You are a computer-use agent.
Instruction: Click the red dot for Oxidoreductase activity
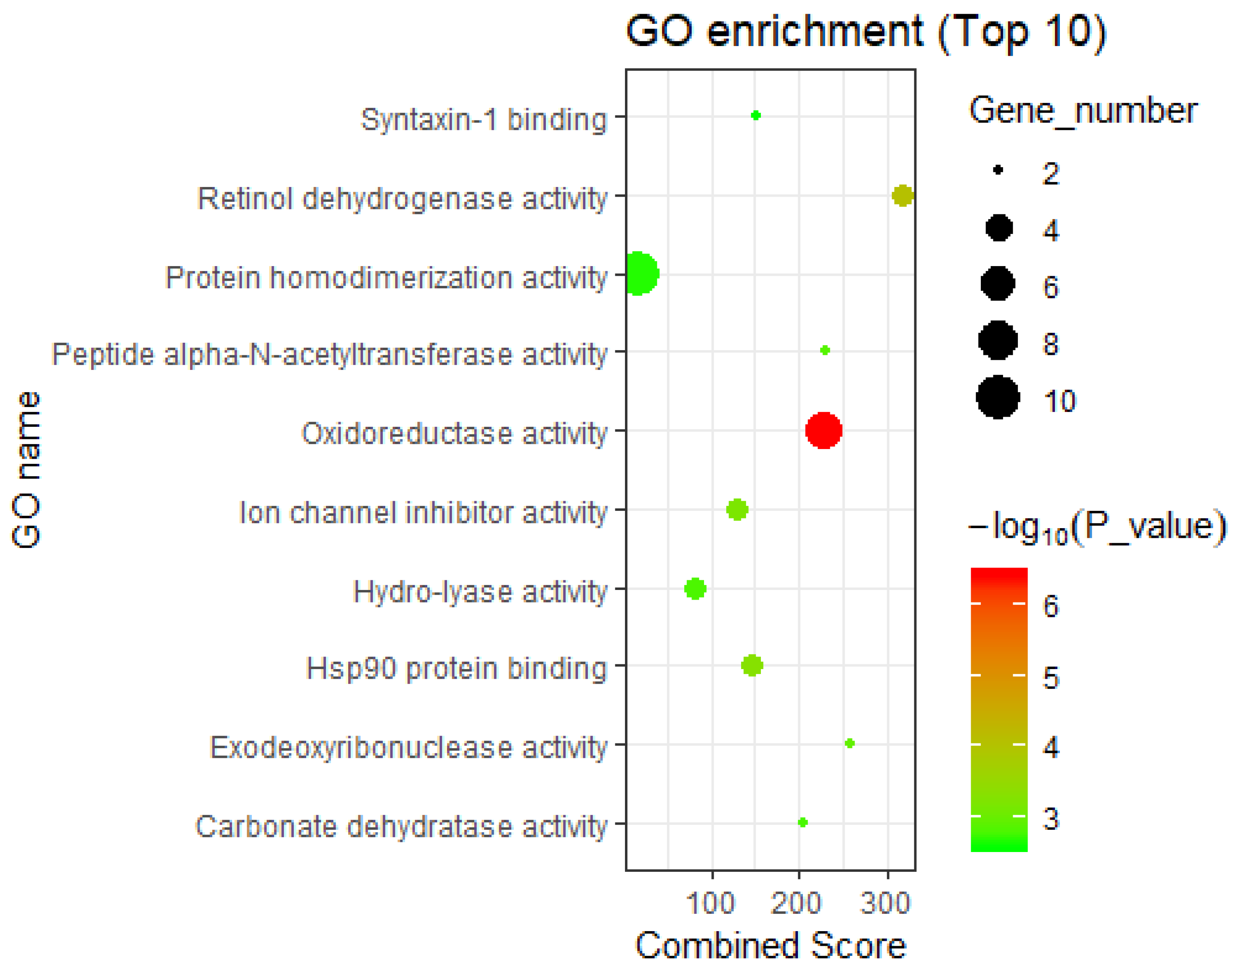(x=823, y=430)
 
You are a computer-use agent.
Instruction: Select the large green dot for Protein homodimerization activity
(x=639, y=274)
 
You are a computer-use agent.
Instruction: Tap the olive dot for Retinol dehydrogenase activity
(x=902, y=195)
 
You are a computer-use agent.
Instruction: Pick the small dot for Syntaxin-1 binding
(x=755, y=115)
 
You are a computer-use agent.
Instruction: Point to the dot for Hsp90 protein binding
(x=752, y=665)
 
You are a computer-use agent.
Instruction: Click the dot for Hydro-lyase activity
(x=695, y=588)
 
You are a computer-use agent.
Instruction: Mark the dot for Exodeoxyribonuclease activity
(x=850, y=743)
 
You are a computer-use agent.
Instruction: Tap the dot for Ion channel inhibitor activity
(x=737, y=509)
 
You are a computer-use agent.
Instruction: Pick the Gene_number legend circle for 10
(x=998, y=397)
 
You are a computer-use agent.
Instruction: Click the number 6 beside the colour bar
(x=1051, y=606)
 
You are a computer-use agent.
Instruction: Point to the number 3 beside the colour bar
(x=1051, y=819)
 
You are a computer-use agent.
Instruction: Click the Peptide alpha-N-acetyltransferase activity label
(x=329, y=355)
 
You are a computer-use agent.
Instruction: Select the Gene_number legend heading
(x=1082, y=111)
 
